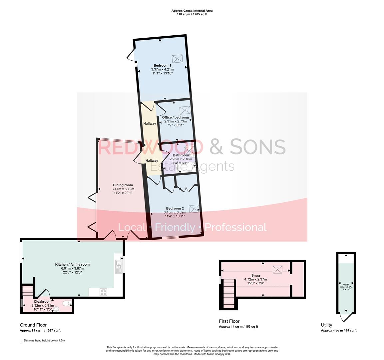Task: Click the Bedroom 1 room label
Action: (162, 65)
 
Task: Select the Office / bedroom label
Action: (175, 117)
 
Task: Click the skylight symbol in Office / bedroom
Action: (185, 110)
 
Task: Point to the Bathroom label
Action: (181, 155)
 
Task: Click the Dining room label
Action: (123, 185)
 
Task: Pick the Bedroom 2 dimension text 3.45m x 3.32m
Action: (175, 212)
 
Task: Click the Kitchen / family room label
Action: (72, 264)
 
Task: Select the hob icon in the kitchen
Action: (104, 292)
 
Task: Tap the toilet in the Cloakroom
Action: (66, 303)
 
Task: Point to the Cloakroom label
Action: (43, 301)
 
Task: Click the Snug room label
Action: (255, 275)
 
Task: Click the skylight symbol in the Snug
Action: (277, 269)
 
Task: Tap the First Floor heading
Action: (229, 321)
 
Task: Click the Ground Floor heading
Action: (33, 325)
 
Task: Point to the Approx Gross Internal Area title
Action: (192, 11)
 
